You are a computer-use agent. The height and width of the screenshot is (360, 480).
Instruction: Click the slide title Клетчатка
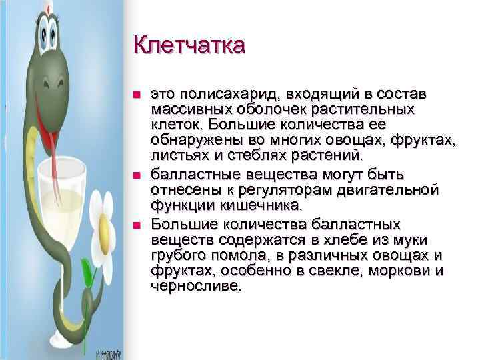pos(189,46)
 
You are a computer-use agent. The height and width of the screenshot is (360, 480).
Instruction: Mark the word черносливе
pos(197,287)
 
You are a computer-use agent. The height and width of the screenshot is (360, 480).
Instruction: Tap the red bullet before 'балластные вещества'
pos(137,175)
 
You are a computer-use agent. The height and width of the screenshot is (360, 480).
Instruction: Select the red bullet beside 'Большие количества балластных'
pos(137,223)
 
